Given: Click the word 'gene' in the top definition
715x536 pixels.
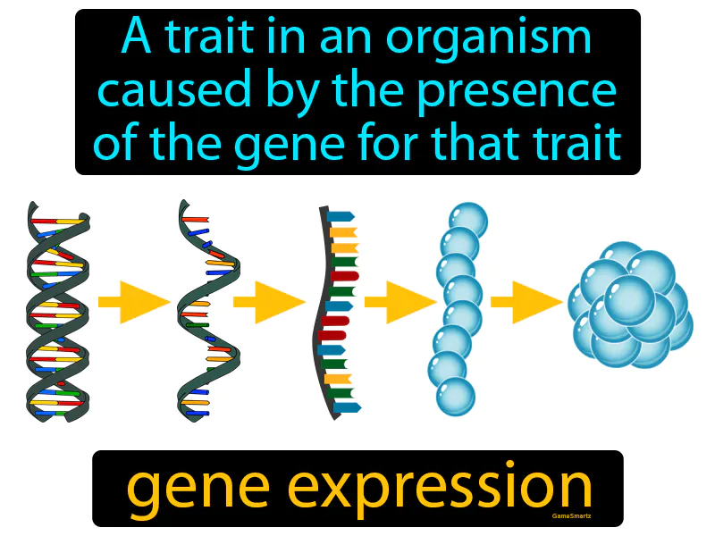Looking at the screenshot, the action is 290,146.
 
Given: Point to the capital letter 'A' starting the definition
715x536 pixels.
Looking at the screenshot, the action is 137,36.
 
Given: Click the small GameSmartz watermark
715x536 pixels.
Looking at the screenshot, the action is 571,516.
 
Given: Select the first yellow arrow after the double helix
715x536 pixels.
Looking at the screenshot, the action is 134,302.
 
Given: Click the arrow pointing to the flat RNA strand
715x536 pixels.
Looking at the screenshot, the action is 269,302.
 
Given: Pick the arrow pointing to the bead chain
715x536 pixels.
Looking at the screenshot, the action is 400,302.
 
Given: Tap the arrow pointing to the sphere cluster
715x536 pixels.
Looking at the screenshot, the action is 526,302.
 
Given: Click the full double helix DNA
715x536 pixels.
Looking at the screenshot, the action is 58,311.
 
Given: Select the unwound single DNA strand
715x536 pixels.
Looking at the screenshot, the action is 208,311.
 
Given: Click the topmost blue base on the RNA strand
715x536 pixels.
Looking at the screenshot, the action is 341,216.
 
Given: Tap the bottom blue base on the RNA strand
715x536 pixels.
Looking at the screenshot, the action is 348,407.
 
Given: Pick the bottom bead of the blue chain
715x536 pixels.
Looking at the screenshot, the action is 456,397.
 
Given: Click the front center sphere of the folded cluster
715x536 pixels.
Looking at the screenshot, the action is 629,300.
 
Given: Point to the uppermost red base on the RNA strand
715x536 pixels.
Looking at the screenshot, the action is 344,276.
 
